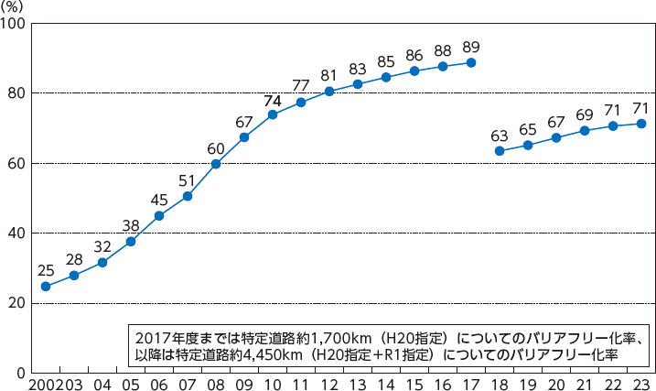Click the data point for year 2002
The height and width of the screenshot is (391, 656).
pos(46,287)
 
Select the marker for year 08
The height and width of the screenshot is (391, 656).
pos(216,164)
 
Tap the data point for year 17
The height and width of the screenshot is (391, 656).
pos(471,63)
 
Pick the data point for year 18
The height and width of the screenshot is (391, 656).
pos(500,150)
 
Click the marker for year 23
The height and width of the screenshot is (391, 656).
pos(641,124)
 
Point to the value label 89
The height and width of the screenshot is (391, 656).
pos(471,47)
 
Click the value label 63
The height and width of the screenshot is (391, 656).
pos(500,134)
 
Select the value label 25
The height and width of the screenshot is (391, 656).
pos(46,270)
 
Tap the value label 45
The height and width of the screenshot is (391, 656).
pos(159,200)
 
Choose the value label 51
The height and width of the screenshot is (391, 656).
pos(188,179)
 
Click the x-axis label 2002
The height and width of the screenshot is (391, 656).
pos(46,382)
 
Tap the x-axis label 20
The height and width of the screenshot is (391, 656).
pos(556,382)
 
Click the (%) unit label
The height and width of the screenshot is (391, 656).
pos(14,6)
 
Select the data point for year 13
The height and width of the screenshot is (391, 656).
pos(358,84)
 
